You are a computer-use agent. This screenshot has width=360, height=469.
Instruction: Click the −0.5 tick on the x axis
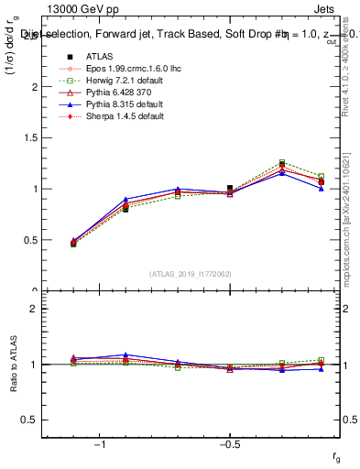tap(230, 442)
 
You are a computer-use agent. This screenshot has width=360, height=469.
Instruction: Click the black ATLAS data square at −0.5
tap(230, 188)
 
